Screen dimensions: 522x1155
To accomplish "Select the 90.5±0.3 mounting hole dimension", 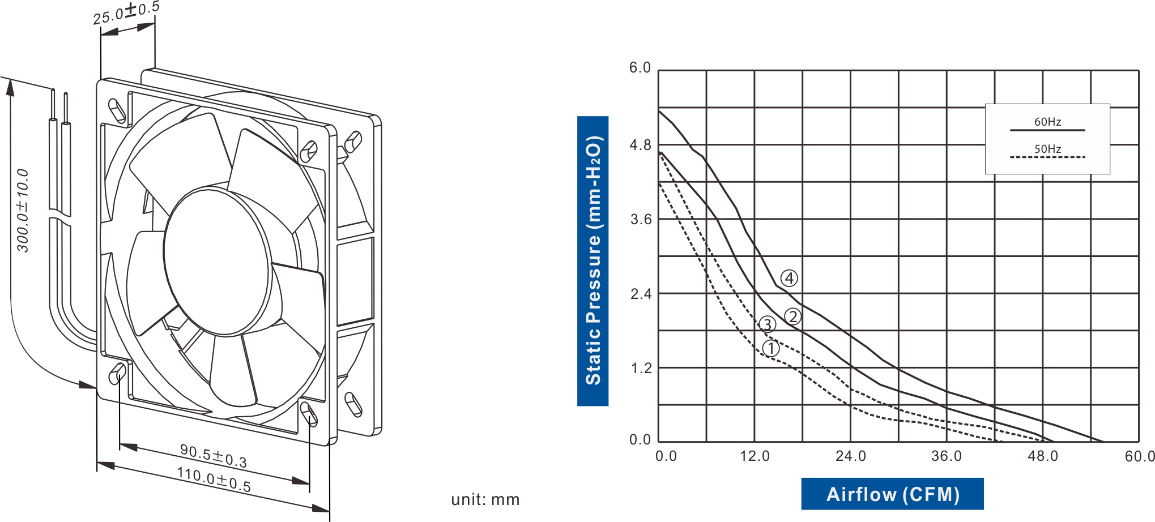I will tap(214, 456).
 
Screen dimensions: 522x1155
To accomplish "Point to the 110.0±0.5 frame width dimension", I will tap(214, 479).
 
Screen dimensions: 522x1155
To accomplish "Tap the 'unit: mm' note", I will tap(485, 499).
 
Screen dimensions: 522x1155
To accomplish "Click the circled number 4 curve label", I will tap(789, 278).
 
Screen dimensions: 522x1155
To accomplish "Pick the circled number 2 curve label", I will tap(792, 316).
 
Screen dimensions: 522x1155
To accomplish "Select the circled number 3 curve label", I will tap(766, 324).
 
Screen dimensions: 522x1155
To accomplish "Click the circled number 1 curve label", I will tap(771, 348).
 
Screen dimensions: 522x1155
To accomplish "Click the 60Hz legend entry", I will tap(1047, 122).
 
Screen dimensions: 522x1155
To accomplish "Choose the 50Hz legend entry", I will tap(1047, 149).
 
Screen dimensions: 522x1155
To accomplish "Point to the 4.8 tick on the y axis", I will tap(641, 146).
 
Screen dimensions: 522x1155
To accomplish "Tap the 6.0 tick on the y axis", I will tap(641, 68).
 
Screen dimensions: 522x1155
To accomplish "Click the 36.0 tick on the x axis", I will tap(947, 456).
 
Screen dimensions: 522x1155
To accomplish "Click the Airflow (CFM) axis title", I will tap(892, 494).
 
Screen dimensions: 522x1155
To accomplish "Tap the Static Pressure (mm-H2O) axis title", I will tap(593, 261).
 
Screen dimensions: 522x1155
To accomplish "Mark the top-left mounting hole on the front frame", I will tap(117, 111).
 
